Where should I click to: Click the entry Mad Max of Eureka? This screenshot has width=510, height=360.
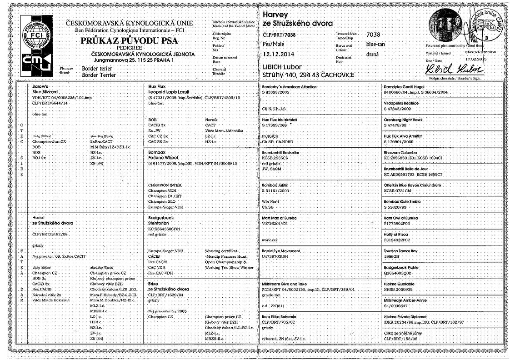pos(282,219)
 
